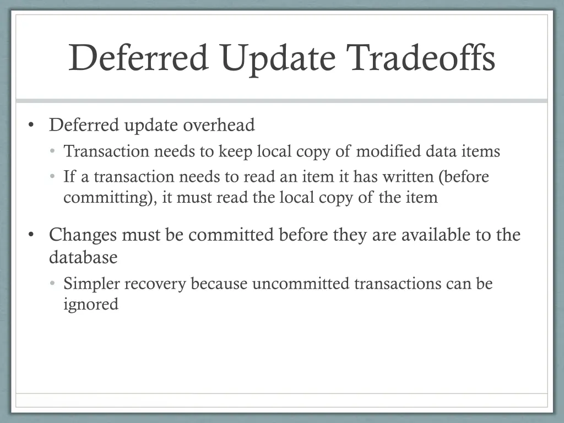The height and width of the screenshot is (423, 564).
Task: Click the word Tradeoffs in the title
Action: pyautogui.click(x=421, y=58)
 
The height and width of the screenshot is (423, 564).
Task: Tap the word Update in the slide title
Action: pyautogui.click(x=277, y=58)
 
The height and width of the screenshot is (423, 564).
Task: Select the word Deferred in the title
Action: pyautogui.click(x=138, y=58)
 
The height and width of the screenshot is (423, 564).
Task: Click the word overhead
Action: pyautogui.click(x=219, y=126)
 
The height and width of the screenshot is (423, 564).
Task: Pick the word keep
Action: pyautogui.click(x=236, y=151)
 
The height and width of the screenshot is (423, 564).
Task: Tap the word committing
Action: pyautogui.click(x=110, y=198)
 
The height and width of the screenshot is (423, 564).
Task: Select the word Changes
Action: pyautogui.click(x=83, y=235)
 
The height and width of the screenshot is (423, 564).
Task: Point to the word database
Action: pyautogui.click(x=83, y=257)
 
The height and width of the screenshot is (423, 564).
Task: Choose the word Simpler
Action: pyautogui.click(x=91, y=284)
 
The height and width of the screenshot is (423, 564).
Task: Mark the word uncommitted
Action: pyautogui.click(x=301, y=284)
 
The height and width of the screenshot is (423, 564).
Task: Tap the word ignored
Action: pyautogui.click(x=91, y=304)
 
